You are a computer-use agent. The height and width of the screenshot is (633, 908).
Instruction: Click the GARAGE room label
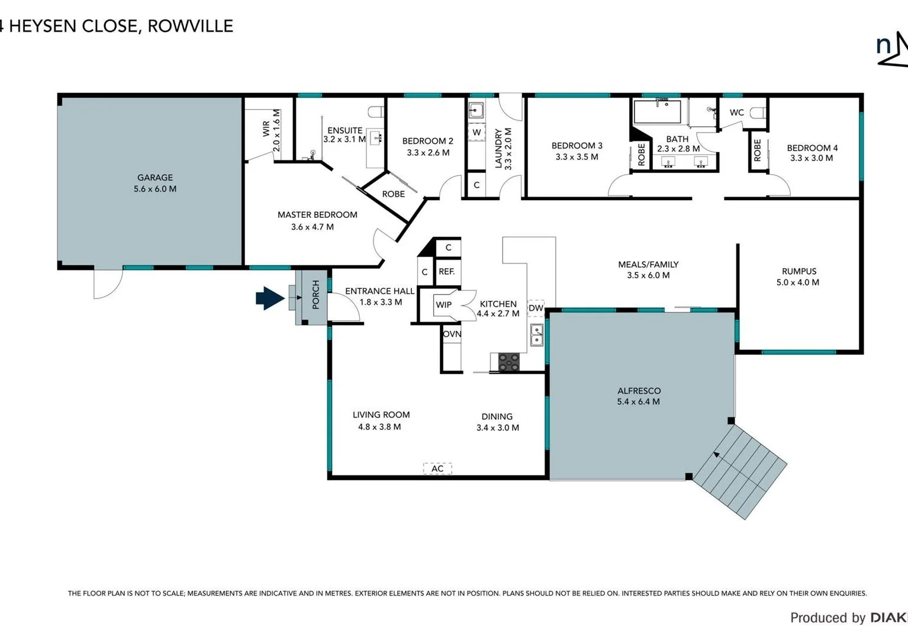tap(155, 177)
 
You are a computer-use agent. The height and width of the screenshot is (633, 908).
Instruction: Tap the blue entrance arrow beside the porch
tap(269, 298)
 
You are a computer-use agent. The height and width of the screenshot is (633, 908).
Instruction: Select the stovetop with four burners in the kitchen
tap(508, 362)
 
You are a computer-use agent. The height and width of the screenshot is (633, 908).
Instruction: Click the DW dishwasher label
tap(536, 308)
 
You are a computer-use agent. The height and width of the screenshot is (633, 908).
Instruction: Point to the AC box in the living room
tap(437, 468)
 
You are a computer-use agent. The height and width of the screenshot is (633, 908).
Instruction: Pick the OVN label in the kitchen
tap(452, 334)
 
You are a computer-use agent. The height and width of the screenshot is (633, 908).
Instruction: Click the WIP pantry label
tap(443, 305)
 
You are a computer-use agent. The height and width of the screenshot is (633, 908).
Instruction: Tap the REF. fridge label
tap(447, 272)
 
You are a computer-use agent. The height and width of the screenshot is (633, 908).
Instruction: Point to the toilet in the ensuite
tap(376, 112)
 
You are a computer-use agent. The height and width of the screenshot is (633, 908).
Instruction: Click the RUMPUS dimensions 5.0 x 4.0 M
tap(797, 282)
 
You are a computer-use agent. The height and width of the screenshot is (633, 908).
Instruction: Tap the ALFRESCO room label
tap(639, 391)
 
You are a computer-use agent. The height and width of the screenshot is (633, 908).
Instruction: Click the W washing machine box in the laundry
tap(476, 132)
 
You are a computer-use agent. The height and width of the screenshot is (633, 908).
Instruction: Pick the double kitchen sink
tap(536, 335)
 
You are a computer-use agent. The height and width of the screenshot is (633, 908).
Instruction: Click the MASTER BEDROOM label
tap(317, 215)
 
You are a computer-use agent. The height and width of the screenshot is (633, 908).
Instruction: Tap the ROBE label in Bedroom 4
tap(757, 150)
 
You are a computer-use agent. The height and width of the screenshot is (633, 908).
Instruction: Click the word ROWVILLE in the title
tap(190, 26)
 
